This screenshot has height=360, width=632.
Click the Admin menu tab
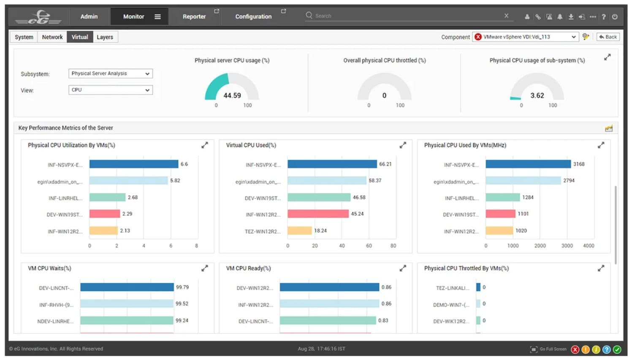(x=89, y=16)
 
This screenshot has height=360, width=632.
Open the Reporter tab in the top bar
(x=194, y=16)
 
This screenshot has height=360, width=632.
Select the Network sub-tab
(x=52, y=37)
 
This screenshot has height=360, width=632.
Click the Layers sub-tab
(x=105, y=37)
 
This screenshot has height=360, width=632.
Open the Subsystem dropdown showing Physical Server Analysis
(x=110, y=73)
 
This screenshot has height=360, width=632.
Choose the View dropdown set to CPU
(x=110, y=90)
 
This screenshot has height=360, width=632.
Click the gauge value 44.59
(x=232, y=95)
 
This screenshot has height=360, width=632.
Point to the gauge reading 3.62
(x=537, y=95)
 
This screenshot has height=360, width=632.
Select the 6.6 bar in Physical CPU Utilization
(x=133, y=164)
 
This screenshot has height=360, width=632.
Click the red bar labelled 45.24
(x=318, y=214)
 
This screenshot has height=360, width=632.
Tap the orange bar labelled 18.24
(x=299, y=231)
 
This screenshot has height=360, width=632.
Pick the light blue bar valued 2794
(x=523, y=181)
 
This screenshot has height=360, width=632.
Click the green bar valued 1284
(x=502, y=198)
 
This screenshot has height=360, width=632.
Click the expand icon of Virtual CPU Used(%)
(x=403, y=145)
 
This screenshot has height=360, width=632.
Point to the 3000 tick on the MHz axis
(x=567, y=246)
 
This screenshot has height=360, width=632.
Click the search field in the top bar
(x=405, y=16)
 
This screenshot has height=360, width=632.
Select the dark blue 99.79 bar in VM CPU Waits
(x=127, y=287)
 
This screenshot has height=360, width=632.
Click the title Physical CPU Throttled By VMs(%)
(x=466, y=268)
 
